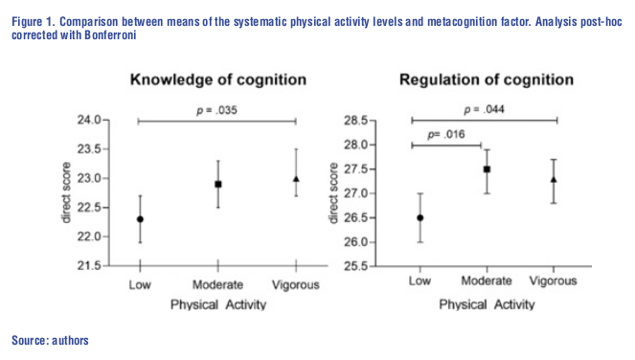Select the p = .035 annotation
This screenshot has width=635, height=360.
[x=217, y=111]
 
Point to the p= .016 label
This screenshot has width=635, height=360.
[x=445, y=135]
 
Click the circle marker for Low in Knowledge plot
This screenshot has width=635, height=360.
[x=140, y=219]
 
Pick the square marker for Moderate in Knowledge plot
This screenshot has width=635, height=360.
[x=218, y=184]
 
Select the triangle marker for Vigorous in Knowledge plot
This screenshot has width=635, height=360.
[x=296, y=179]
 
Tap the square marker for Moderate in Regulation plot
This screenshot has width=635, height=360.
[x=487, y=169]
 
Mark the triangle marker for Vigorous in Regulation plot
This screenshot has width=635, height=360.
[x=554, y=179]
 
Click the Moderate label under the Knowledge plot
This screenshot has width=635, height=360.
[x=218, y=284]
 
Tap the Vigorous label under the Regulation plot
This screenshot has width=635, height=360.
[x=553, y=281]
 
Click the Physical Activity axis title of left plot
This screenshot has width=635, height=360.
[x=217, y=304]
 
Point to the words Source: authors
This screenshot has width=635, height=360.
[x=50, y=340]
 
